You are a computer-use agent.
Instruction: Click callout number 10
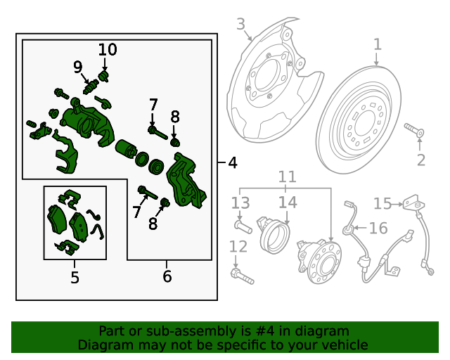pyautogui.click(x=108, y=50)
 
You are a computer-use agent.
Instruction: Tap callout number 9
pyautogui.click(x=78, y=67)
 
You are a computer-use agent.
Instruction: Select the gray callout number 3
pyautogui.click(x=240, y=25)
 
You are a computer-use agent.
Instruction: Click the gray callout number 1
pyautogui.click(x=377, y=45)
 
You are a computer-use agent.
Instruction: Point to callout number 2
pyautogui.click(x=420, y=160)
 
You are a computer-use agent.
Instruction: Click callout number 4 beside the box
pyautogui.click(x=233, y=163)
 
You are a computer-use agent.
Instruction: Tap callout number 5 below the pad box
pyautogui.click(x=75, y=278)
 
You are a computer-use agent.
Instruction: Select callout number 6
pyautogui.click(x=167, y=277)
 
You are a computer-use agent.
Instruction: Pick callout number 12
pyautogui.click(x=238, y=247)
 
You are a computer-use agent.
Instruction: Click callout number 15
pyautogui.click(x=382, y=204)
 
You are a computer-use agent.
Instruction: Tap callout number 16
pyautogui.click(x=378, y=228)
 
